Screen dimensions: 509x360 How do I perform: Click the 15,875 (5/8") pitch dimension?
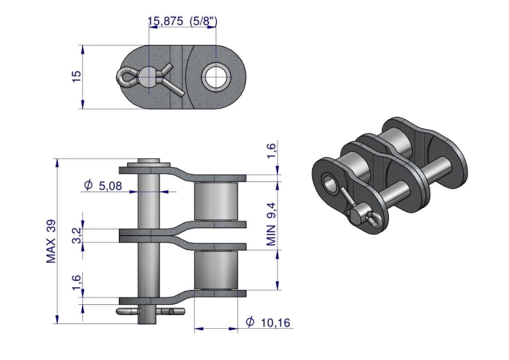point(183,22)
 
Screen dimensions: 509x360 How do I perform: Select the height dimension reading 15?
point(76,76)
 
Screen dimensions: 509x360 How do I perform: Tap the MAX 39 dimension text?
point(51,241)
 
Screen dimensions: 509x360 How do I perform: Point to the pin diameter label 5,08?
point(111,185)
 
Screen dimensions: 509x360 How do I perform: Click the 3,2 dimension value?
point(77,236)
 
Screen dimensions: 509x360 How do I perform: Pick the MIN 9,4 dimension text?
point(271,224)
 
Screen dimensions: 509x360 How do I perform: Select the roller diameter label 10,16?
point(276,323)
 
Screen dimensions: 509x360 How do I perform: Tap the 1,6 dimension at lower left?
point(77,283)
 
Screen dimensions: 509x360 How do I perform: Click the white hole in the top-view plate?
point(216,77)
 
